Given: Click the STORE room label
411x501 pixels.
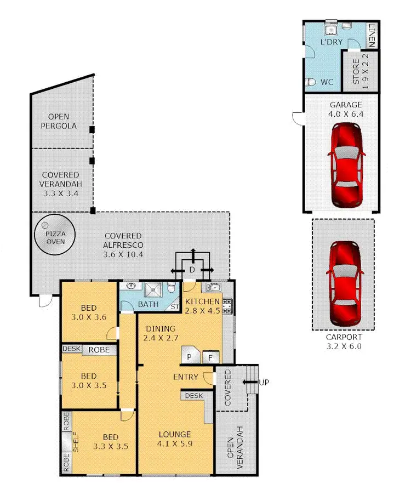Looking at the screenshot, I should (356, 71).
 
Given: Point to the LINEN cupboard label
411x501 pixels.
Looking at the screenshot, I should (372, 34).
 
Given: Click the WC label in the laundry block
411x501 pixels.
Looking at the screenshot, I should (327, 82).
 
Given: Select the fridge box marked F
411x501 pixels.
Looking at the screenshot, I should (210, 357).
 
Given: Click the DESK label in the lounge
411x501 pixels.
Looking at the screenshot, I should (193, 395).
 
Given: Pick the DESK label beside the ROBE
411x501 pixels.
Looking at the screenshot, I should (72, 349).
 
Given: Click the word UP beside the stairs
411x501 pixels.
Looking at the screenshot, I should (264, 382).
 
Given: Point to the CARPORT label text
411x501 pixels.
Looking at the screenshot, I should (343, 337).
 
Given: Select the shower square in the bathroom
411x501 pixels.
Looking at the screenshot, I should (154, 289).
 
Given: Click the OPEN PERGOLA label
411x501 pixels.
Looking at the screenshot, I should (61, 121).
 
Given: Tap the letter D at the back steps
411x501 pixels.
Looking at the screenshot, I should (192, 270).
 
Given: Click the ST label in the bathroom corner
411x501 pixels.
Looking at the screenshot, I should (175, 306).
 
